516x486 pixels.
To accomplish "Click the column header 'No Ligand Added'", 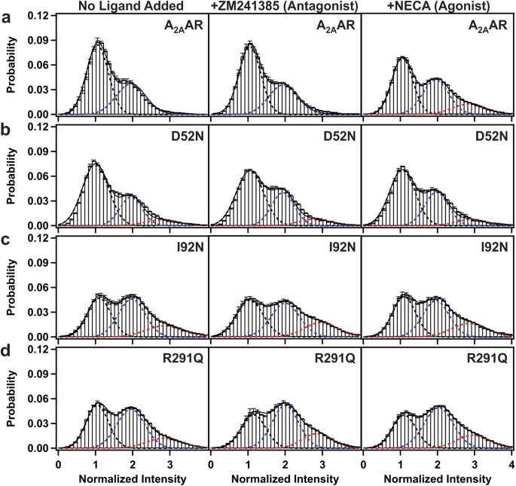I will (133, 7).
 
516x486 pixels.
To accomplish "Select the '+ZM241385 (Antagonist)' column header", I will (285, 7).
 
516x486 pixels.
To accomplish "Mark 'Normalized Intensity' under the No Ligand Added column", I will (132, 478).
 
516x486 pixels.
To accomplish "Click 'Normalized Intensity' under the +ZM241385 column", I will (285, 478).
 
